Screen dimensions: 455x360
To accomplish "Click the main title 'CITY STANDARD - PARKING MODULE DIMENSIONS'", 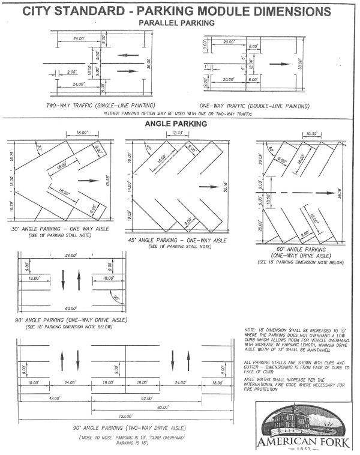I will tap(180, 10).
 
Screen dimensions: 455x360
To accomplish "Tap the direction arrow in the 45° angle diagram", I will tap(209, 187).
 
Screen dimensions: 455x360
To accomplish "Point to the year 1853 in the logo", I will tap(301, 450).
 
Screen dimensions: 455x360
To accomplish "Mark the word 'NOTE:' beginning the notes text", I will tap(251, 330).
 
